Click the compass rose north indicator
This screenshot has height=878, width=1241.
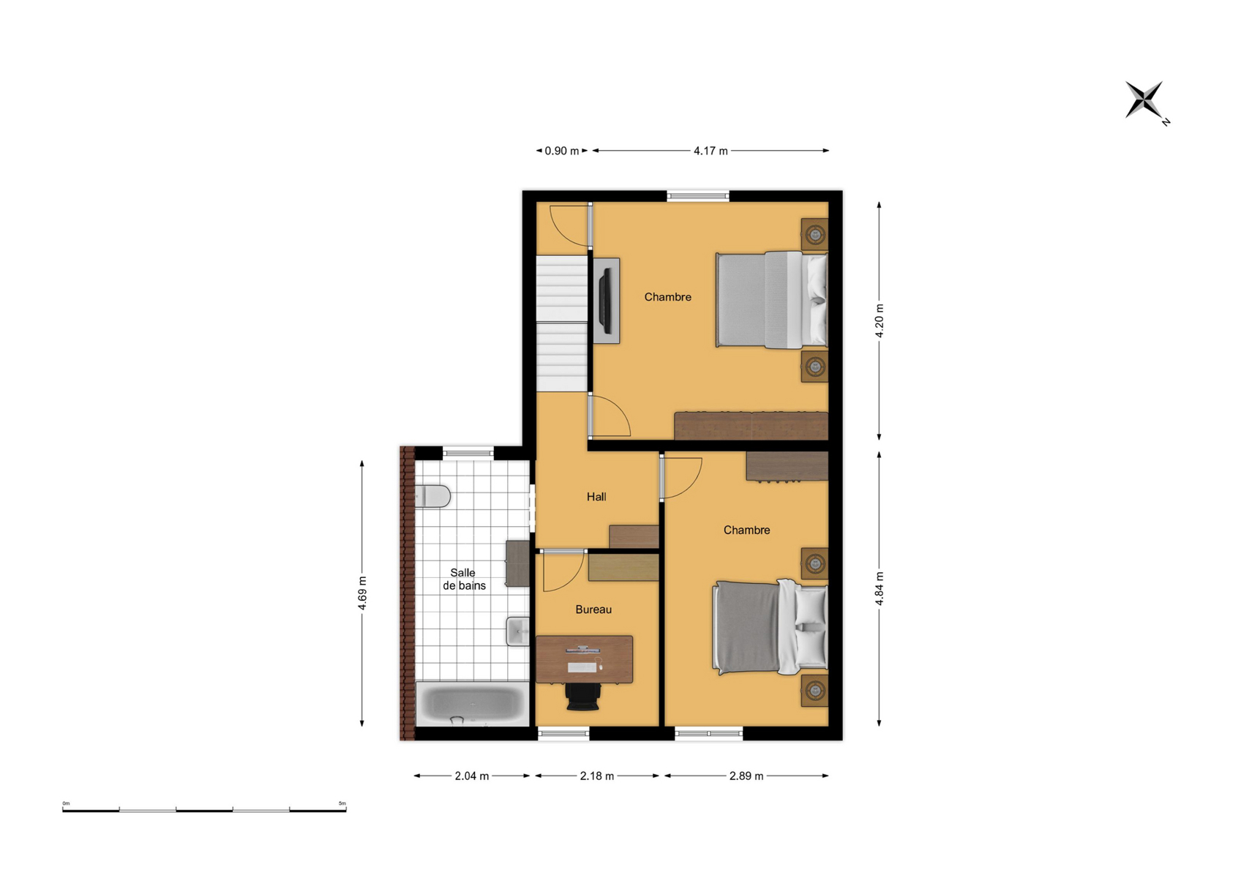tap(1147, 102)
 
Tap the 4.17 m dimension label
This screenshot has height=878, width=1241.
tap(711, 151)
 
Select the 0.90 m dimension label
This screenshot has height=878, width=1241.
tap(562, 151)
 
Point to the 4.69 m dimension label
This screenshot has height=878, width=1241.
tap(362, 593)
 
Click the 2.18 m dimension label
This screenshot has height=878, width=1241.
tap(596, 776)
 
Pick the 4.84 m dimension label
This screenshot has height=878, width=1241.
tap(880, 588)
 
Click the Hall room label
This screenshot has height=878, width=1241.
tap(596, 497)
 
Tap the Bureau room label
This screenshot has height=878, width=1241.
tap(593, 609)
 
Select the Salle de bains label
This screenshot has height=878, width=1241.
tap(464, 579)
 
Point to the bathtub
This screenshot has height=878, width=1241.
tap(472, 704)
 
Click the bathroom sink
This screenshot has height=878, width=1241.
tap(517, 631)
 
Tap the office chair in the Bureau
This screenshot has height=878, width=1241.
tap(583, 697)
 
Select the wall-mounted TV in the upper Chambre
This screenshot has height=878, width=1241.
tap(606, 301)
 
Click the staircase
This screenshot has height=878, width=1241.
tap(562, 323)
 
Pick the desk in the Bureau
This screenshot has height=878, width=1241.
tap(584, 660)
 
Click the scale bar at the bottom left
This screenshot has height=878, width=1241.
tap(204, 810)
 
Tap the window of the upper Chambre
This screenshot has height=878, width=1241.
tap(698, 195)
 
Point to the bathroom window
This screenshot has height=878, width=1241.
tap(468, 453)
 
